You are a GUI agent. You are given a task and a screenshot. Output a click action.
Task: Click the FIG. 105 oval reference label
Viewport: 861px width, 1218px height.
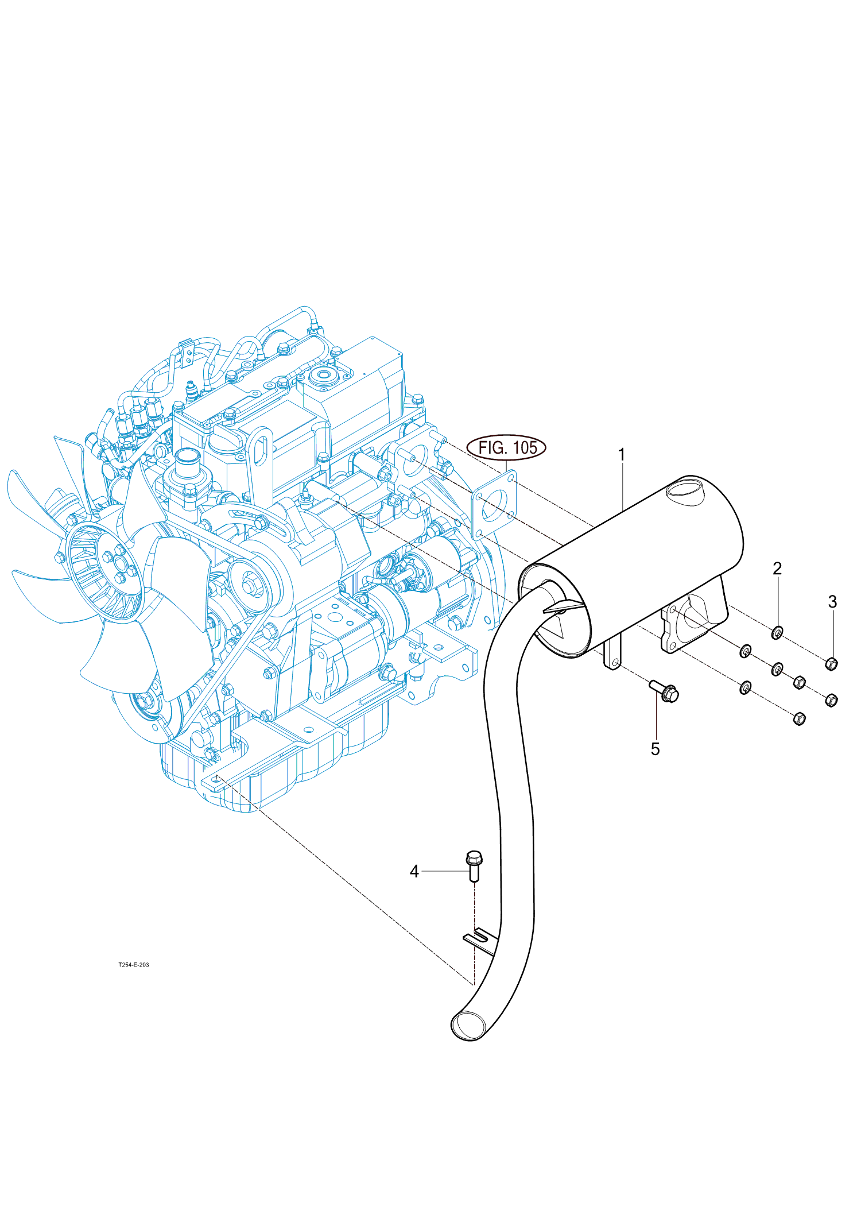pyautogui.click(x=506, y=447)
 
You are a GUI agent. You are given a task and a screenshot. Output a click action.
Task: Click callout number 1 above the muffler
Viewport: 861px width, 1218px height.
pyautogui.click(x=621, y=455)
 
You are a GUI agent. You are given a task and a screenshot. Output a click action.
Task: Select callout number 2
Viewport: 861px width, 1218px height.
pyautogui.click(x=777, y=569)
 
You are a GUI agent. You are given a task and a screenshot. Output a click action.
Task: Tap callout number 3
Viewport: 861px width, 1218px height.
pyautogui.click(x=832, y=602)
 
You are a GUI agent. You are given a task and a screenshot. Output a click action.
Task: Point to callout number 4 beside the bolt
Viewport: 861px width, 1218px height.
pyautogui.click(x=414, y=872)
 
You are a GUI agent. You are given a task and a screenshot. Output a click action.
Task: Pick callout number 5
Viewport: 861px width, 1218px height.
pyautogui.click(x=656, y=749)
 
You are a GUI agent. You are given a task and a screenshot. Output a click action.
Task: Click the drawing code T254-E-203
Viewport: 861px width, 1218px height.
pyautogui.click(x=134, y=965)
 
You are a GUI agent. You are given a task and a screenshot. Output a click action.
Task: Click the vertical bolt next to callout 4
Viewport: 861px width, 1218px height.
pyautogui.click(x=474, y=867)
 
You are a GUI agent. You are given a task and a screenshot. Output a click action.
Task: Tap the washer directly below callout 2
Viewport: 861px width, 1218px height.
pyautogui.click(x=777, y=633)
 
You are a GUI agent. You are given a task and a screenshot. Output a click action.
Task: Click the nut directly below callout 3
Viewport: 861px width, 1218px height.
pyautogui.click(x=831, y=664)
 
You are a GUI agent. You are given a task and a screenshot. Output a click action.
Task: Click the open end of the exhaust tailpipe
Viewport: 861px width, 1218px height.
pyautogui.click(x=468, y=1026)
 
